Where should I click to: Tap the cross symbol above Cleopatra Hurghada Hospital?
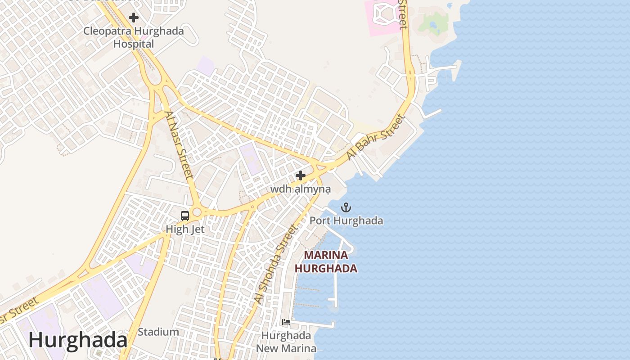(x=134, y=18)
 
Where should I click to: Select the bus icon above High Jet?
(x=185, y=216)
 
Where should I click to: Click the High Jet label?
(x=185, y=229)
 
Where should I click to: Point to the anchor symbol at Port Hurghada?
(x=346, y=207)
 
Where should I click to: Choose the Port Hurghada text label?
(x=346, y=220)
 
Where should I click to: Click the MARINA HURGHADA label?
(x=326, y=262)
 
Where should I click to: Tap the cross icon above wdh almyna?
(x=301, y=175)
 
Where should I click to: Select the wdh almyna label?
(x=301, y=189)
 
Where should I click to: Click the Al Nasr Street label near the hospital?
(x=179, y=145)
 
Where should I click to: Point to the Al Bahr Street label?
(x=376, y=137)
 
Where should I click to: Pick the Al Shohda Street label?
(x=276, y=264)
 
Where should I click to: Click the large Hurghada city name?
(x=78, y=340)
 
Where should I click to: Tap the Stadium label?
(x=158, y=332)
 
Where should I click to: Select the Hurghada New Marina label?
(x=286, y=342)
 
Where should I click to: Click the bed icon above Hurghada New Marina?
(x=286, y=322)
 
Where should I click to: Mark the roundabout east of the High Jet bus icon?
(x=196, y=212)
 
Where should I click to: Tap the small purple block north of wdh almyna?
(x=250, y=157)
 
